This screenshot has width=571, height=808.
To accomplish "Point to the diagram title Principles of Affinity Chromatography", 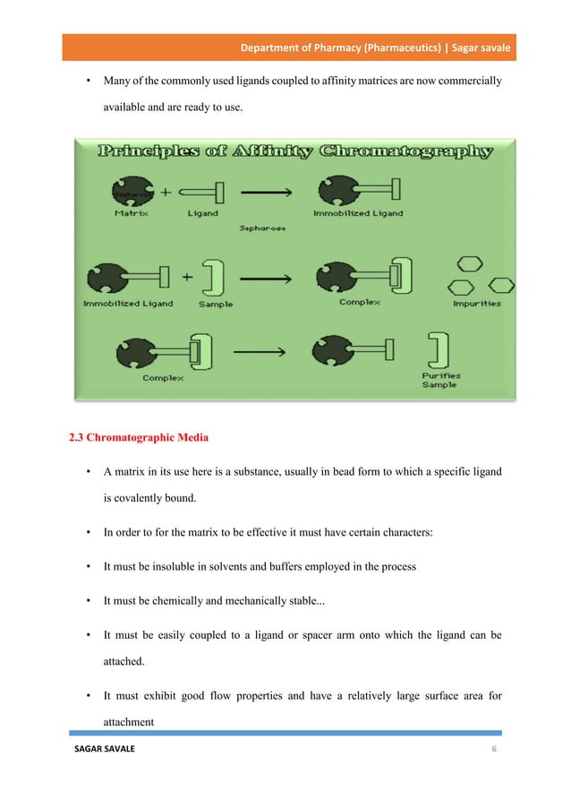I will (296, 151).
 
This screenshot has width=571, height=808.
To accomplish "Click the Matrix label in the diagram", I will (131, 213).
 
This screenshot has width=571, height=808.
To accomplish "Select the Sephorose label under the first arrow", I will (263, 228).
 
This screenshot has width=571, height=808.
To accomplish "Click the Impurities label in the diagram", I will (477, 304).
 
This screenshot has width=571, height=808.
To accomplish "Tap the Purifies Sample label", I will (439, 380).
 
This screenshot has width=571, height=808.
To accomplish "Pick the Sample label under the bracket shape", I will (215, 304).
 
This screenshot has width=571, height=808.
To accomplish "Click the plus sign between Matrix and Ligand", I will (166, 190).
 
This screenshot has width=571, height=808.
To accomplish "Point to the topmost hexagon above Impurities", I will (470, 264).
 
